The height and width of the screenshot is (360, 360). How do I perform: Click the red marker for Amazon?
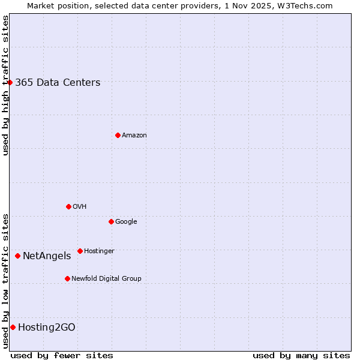[x=118, y=135]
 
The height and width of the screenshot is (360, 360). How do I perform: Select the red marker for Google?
[x=111, y=221]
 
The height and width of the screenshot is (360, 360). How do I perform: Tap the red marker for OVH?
[x=68, y=206]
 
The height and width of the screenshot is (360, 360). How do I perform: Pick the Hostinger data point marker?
[x=80, y=251]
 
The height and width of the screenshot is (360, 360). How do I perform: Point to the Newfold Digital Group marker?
[x=67, y=278]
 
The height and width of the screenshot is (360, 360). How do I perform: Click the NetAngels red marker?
[x=17, y=256]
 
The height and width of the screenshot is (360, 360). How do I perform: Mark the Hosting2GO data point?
[x=13, y=327]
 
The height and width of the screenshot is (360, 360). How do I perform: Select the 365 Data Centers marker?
[x=10, y=82]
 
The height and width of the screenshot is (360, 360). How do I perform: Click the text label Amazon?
[x=134, y=136]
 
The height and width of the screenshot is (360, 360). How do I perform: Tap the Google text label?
[x=126, y=222]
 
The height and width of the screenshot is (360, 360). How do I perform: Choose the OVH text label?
[x=80, y=207]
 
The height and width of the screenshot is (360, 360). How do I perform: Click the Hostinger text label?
[x=99, y=251]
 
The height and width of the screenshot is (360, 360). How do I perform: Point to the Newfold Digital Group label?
[x=106, y=279]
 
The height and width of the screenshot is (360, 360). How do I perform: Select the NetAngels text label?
[x=47, y=256]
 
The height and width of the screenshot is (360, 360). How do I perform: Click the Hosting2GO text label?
[x=47, y=328]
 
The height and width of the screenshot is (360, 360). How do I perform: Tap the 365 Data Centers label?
[x=58, y=83]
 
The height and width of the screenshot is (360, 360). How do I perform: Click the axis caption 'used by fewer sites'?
[x=62, y=355]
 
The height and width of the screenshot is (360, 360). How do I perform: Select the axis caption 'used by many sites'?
[x=301, y=355]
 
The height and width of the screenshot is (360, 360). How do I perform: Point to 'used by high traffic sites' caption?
[x=5, y=85]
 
